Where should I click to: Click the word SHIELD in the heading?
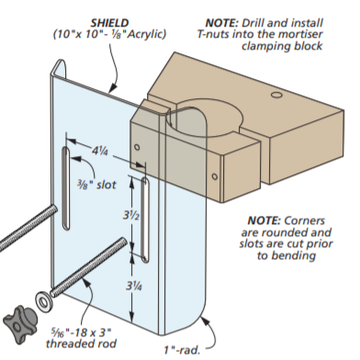tap(109, 23)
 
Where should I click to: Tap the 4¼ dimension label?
tap(99, 151)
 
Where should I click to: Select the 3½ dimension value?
tap(131, 215)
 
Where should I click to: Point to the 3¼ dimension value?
tap(134, 286)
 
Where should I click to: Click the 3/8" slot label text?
tap(96, 185)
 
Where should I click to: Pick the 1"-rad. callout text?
tap(182, 350)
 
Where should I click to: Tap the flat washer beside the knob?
tap(43, 302)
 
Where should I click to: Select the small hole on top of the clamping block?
tap(276, 95)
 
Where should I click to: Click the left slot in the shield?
tap(66, 188)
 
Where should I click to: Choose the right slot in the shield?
tap(145, 219)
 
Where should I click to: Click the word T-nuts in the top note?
tap(213, 34)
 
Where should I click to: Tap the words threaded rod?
tap(81, 343)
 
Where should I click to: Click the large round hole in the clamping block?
tap(205, 118)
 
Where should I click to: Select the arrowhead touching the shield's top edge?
tap(112, 87)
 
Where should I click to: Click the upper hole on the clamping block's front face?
tap(137, 147)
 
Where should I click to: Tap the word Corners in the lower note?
tap(304, 220)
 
